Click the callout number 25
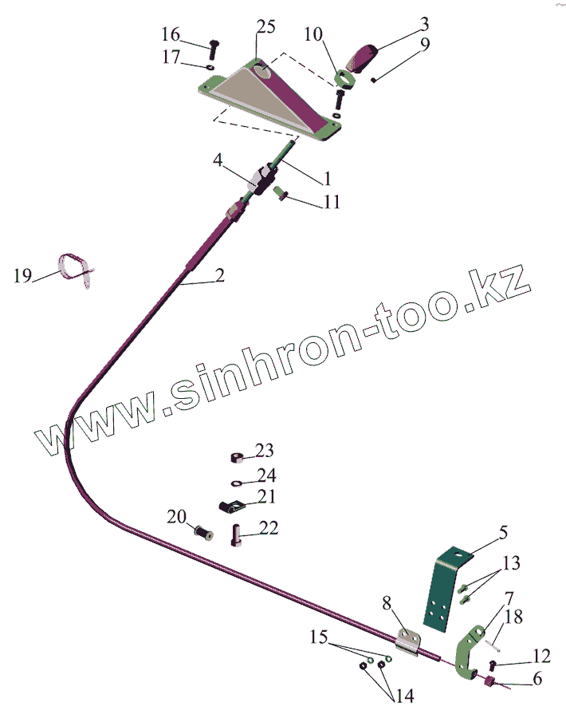[266, 27]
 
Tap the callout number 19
[22, 276]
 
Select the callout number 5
[503, 532]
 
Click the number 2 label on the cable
[219, 276]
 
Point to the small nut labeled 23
[237, 458]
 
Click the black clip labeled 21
[232, 505]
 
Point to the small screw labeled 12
[493, 664]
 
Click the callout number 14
[404, 696]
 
